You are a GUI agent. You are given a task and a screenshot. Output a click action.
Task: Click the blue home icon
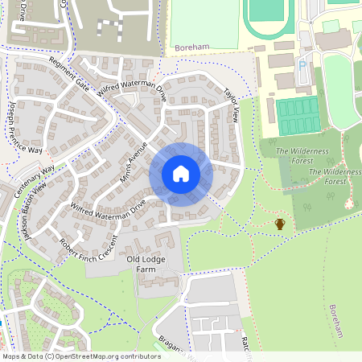pyautogui.click(x=180, y=173)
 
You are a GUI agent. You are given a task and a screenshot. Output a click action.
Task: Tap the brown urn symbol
pyautogui.click(x=280, y=223)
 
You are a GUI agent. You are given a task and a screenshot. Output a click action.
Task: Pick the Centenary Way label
pyautogui.click(x=35, y=181)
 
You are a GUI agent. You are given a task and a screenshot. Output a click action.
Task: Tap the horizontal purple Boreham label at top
pyautogui.click(x=191, y=48)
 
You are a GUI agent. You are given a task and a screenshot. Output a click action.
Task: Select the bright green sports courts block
pyautogui.click(x=298, y=114)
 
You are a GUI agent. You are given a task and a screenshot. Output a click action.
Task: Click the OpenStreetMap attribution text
pyautogui.click(x=80, y=356)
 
